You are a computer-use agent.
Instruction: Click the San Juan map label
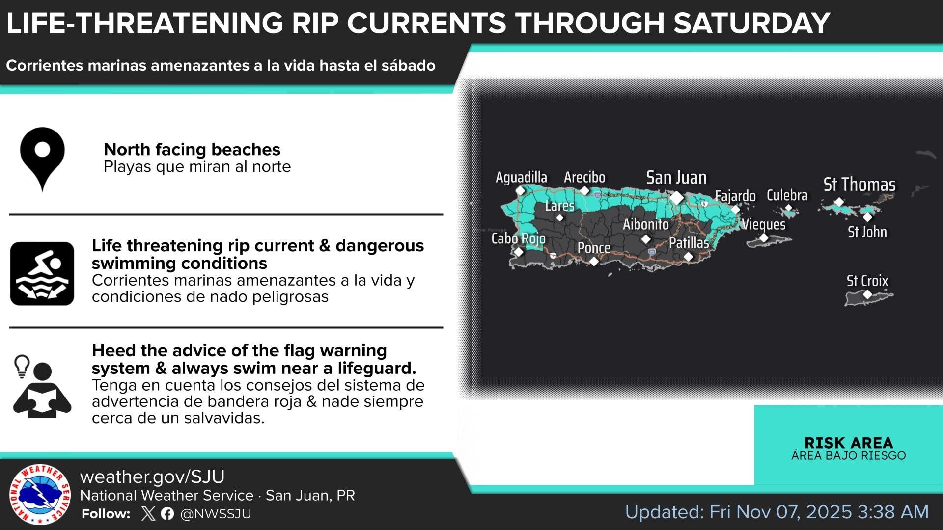[676, 178]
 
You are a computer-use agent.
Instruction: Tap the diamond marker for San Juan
[677, 198]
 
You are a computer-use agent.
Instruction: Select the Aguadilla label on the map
[521, 177]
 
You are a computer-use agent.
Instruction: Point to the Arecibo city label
[584, 177]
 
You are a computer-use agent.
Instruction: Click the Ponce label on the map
[594, 248]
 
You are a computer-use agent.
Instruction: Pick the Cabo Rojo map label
[518, 238]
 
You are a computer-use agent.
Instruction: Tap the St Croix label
[867, 281]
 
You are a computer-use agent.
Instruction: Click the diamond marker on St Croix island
[867, 294]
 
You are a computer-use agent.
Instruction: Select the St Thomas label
[860, 185]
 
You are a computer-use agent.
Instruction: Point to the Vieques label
[763, 225]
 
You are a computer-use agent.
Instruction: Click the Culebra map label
[787, 195]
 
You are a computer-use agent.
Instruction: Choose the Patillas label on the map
[689, 242]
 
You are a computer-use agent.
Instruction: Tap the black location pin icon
[42, 158]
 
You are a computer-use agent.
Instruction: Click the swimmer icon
[42, 273]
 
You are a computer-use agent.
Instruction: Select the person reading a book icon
[42, 387]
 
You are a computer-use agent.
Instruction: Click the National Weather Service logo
[40, 494]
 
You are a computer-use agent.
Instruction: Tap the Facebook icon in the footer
[167, 514]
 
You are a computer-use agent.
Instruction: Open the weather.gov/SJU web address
[152, 477]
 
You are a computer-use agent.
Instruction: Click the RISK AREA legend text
[849, 443]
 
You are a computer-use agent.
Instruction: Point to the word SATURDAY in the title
[751, 23]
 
